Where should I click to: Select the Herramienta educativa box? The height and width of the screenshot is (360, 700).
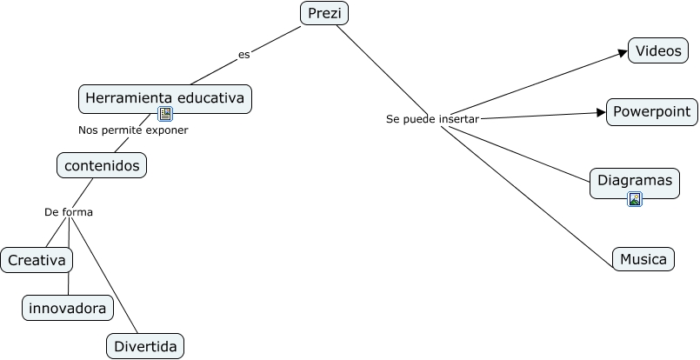164,97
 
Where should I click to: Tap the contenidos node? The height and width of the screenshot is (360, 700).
102,164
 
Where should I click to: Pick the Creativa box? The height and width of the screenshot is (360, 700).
37,260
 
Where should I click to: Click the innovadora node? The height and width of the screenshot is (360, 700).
68,308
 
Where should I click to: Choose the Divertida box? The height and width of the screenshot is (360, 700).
145,347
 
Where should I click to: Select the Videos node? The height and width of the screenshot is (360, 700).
658,51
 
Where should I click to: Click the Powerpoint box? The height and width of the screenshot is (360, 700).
651,111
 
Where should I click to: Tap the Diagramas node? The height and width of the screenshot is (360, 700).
635,181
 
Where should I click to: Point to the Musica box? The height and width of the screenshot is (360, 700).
643,259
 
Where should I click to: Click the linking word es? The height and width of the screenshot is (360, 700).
243,55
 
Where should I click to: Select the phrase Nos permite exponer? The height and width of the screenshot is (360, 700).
133,130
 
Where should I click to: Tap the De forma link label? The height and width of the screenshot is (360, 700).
69,212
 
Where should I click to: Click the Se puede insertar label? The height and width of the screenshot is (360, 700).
432,119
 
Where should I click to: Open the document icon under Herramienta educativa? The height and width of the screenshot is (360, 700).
165,114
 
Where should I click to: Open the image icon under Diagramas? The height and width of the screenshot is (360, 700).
635,199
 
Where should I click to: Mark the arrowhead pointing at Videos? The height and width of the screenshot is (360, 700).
623,53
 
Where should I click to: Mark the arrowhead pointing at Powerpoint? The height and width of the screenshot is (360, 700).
601,112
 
